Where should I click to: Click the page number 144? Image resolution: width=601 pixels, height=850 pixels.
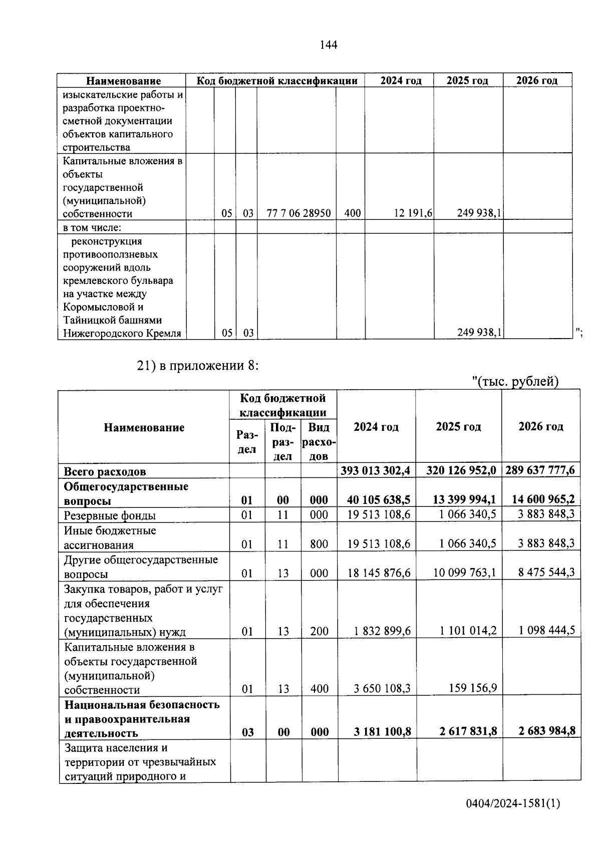329,45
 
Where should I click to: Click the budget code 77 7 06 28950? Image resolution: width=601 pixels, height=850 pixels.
298,213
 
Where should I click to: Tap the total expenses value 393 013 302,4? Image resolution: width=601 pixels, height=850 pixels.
376,470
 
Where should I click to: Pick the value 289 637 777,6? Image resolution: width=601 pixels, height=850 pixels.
540,470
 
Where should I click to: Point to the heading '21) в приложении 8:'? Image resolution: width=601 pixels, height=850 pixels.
198,366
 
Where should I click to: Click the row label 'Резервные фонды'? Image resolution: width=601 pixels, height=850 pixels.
110,515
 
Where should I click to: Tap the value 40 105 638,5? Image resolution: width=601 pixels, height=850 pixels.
379,500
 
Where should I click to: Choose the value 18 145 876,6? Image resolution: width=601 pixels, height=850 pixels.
379,573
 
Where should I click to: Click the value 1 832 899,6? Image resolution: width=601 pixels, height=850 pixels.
382,632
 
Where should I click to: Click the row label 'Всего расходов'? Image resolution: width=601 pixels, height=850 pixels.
105,471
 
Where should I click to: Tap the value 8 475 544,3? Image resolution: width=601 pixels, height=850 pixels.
546,572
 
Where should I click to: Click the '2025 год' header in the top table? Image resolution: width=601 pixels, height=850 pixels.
467,81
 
